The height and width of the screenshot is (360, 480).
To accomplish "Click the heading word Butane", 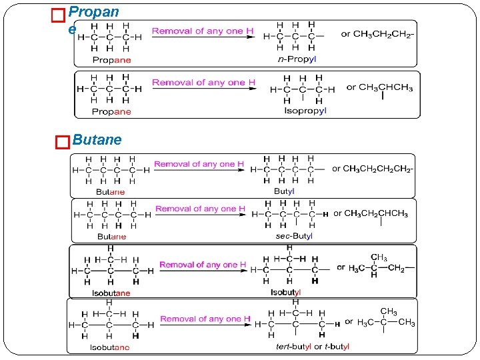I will pyautogui.click(x=97, y=140).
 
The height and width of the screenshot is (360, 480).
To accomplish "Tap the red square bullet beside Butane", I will pyautogui.click(x=62, y=141).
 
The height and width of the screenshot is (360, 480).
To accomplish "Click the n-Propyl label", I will pyautogui.click(x=296, y=59).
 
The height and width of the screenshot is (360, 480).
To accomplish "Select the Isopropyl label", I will pyautogui.click(x=305, y=111).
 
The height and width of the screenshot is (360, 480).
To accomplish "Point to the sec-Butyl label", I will pyautogui.click(x=294, y=236).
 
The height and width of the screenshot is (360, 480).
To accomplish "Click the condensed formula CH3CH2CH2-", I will pyautogui.click(x=377, y=33).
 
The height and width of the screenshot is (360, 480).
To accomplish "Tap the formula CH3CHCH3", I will pyautogui.click(x=385, y=87).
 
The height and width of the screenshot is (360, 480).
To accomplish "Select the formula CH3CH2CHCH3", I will pyautogui.click(x=371, y=213).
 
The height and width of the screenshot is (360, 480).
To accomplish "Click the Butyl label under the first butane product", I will pyautogui.click(x=284, y=191).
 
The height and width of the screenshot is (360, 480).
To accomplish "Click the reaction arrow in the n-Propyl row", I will pyautogui.click(x=204, y=37).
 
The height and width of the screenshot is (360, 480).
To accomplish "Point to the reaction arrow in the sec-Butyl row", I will pyautogui.click(x=200, y=216).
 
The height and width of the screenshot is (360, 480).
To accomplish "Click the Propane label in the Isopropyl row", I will pyautogui.click(x=111, y=111).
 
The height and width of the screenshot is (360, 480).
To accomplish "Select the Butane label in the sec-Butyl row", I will pyautogui.click(x=111, y=237).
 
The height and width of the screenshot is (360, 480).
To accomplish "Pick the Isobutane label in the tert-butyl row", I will pyautogui.click(x=111, y=347).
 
